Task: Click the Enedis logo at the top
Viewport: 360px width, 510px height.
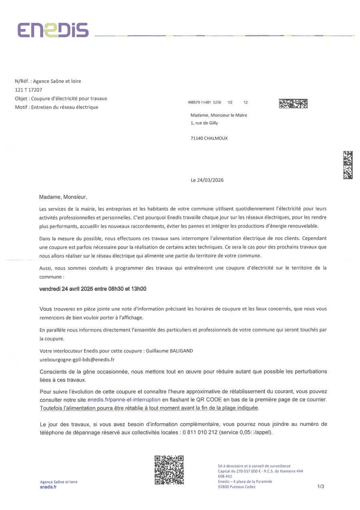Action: [52, 30]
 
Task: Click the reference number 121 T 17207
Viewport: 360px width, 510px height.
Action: [28, 90]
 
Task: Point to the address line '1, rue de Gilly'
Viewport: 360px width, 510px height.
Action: [204, 123]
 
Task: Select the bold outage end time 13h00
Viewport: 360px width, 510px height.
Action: [139, 289]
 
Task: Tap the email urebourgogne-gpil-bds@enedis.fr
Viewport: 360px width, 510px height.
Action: [77, 360]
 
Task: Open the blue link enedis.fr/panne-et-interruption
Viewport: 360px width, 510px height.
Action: [124, 400]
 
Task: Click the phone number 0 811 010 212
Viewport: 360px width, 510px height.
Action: [200, 433]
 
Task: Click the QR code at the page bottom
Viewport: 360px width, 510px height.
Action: [169, 470]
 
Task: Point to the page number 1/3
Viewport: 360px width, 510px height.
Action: [320, 487]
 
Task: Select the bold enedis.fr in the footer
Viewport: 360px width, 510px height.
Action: [48, 487]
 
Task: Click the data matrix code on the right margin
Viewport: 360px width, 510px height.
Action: [348, 165]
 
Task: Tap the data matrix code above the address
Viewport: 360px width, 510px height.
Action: [293, 104]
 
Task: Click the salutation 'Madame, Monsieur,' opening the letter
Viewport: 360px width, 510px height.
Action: [63, 197]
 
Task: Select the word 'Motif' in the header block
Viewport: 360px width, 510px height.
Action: [21, 107]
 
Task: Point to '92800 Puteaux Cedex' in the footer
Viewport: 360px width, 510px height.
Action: [237, 487]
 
